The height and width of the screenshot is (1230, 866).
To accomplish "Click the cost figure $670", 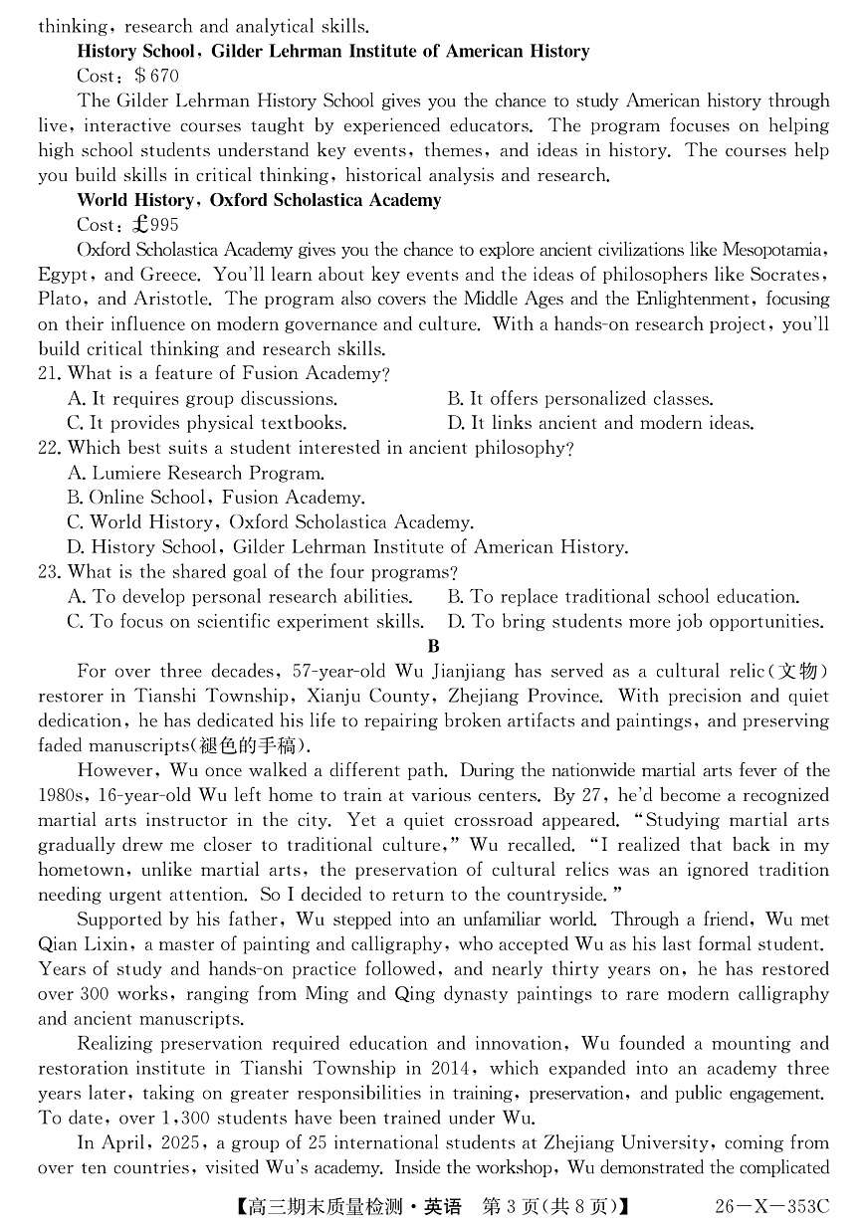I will pyautogui.click(x=156, y=76).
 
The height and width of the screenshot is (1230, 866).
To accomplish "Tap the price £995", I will pyautogui.click(x=157, y=225).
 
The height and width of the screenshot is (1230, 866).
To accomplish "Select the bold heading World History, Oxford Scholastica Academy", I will pyautogui.click(x=259, y=200).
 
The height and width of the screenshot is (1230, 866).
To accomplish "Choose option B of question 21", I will pyautogui.click(x=579, y=399).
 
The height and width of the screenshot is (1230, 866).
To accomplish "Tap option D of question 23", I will pyautogui.click(x=635, y=622).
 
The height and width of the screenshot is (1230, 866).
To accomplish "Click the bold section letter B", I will pyautogui.click(x=433, y=647).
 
